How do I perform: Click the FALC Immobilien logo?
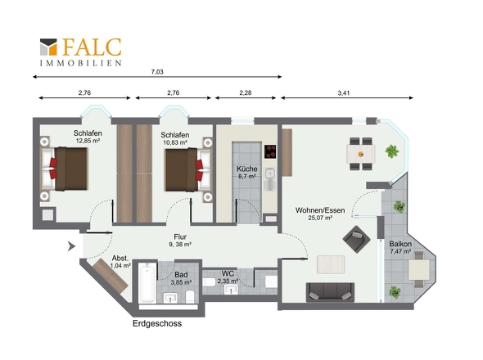81,52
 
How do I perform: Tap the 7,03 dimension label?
157,72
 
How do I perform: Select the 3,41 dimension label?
344,93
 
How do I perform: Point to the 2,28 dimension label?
246,92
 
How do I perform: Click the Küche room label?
247,169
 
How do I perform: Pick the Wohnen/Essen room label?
320,210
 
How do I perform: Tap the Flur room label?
180,236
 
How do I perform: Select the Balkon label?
400,244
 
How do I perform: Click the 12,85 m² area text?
88,141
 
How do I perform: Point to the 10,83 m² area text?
175,142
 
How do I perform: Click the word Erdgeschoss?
157,324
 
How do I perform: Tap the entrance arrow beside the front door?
72,246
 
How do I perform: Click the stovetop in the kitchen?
270,151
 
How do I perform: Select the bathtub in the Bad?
147,284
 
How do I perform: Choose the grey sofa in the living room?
330,292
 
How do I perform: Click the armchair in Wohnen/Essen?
356,239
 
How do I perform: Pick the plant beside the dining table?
392,151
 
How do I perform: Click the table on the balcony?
419,270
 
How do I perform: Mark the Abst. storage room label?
120,258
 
